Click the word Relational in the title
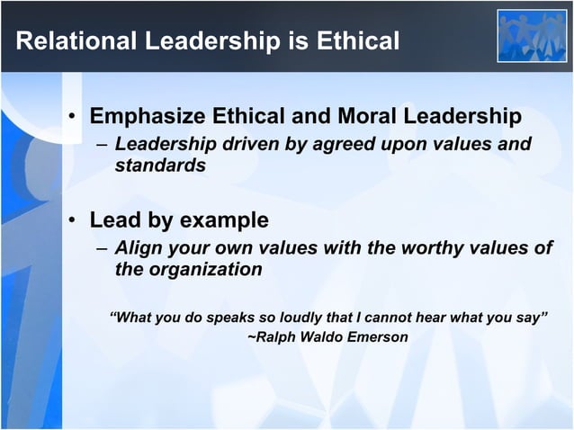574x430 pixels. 71,41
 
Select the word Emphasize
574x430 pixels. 147,117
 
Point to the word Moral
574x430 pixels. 365,117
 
